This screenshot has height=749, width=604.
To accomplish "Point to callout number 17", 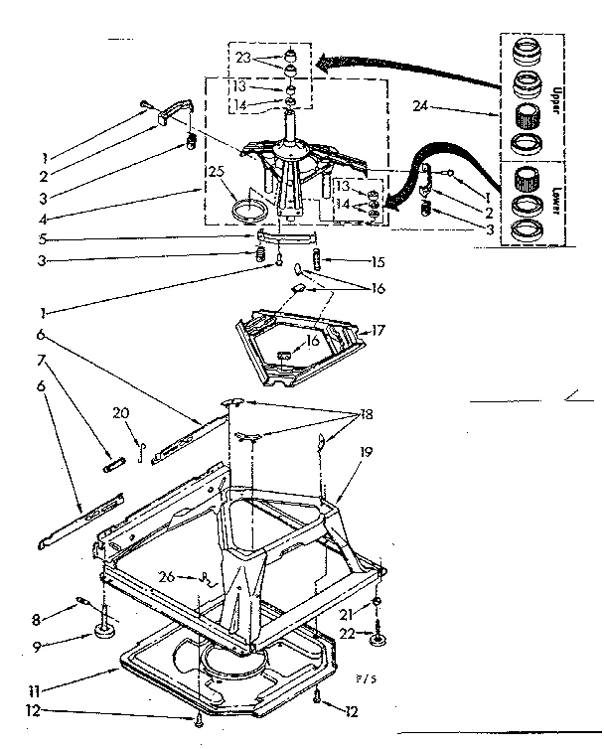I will pyautogui.click(x=378, y=329).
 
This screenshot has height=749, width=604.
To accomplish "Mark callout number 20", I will pyautogui.click(x=120, y=414).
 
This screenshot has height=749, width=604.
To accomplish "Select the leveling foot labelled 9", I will pyautogui.click(x=103, y=630).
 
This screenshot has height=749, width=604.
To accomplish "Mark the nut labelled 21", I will pyautogui.click(x=379, y=603).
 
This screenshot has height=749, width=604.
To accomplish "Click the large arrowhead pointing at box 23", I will pyautogui.click(x=323, y=65).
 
